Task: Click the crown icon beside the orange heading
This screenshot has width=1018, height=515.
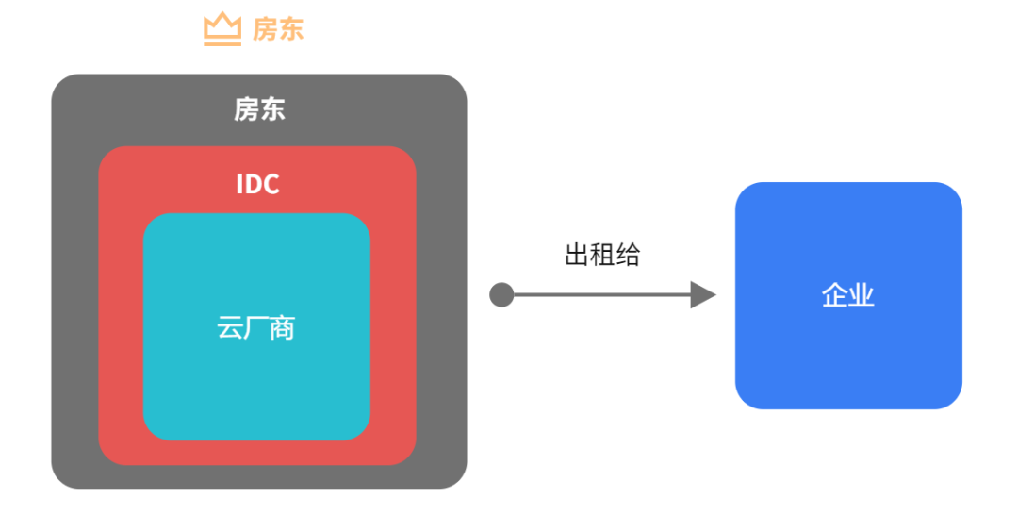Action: coord(222,30)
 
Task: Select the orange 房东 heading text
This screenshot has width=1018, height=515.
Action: coord(278,30)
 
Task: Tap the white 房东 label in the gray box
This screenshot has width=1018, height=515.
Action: coord(259,110)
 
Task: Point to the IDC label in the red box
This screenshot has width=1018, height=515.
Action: coord(257,184)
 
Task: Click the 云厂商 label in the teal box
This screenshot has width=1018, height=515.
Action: coord(256,328)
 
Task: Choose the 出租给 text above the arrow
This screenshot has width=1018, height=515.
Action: coord(602,255)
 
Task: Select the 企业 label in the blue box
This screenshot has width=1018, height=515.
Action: coord(848,296)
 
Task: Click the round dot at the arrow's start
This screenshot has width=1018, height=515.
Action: coord(501,295)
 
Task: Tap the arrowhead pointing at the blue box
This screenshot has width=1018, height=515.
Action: coord(702,295)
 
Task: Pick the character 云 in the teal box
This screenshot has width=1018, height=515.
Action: coord(230,328)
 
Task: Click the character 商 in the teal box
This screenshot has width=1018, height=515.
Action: coord(283,328)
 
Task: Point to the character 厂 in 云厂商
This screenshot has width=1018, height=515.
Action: coord(256,328)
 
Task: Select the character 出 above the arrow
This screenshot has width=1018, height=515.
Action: coord(577,255)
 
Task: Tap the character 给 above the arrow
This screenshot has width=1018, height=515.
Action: coord(628,255)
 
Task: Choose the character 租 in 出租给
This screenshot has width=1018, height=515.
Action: coord(602,255)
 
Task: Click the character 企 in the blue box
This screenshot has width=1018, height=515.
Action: coord(835,296)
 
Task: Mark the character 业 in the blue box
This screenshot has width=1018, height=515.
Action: coord(862,296)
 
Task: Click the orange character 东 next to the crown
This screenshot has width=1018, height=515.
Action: coord(291,30)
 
